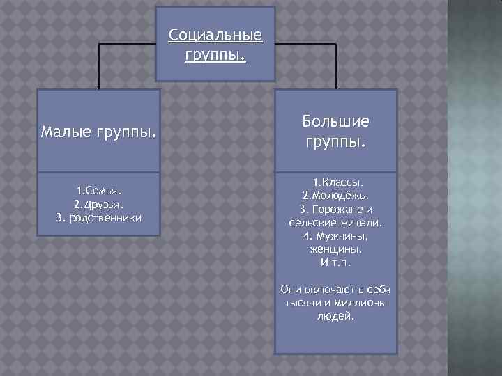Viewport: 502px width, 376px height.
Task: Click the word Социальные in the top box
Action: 215,35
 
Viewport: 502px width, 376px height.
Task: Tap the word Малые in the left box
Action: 65,132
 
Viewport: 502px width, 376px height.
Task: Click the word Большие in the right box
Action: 335,122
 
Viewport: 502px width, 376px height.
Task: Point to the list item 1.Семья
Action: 99,189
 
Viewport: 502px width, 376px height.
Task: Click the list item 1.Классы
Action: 336,181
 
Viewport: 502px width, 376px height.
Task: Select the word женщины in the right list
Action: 336,249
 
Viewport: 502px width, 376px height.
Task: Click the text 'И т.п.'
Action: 336,263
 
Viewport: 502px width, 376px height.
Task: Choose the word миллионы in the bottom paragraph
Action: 363,303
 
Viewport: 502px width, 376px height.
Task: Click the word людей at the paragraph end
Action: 335,316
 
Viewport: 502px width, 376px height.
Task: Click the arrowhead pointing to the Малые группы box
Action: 98,87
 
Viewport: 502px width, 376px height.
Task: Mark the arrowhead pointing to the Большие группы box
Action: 337,87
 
